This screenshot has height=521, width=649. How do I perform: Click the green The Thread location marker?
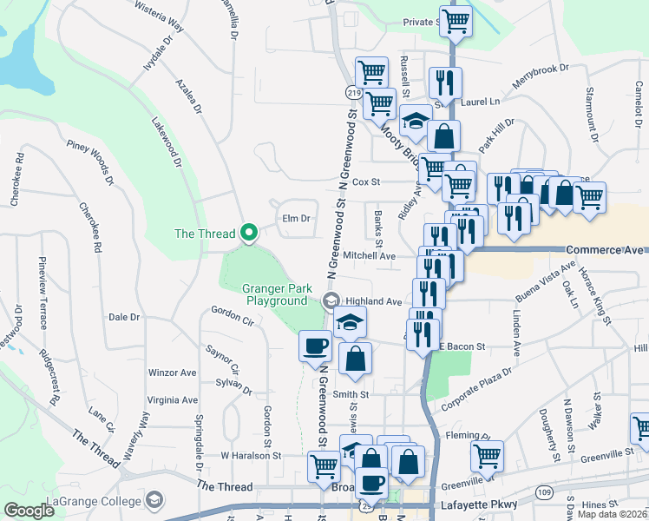tap(249, 232)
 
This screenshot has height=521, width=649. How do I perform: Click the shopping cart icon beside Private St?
tap(456, 20)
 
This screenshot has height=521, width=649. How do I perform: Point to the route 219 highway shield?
tap(354, 92)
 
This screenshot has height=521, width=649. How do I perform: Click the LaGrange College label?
tap(95, 501)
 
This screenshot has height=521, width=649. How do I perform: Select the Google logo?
tap(29, 511)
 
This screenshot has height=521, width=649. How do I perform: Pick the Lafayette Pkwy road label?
tap(481, 504)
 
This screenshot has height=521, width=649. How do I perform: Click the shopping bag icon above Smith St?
tap(355, 358)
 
